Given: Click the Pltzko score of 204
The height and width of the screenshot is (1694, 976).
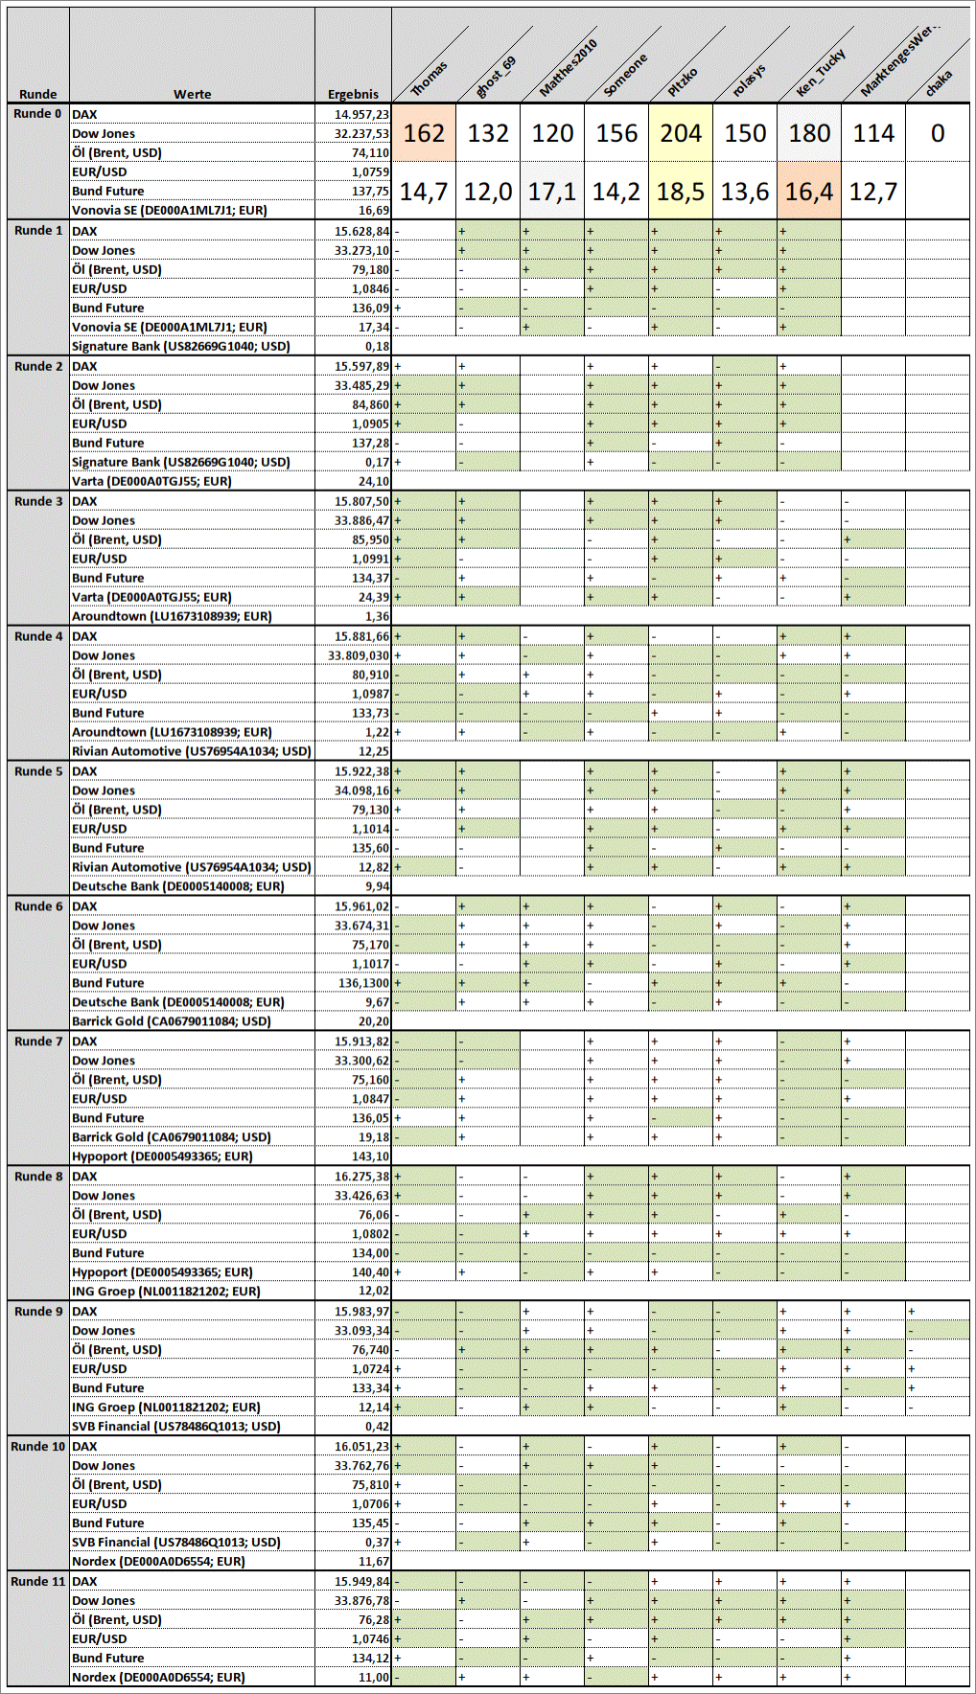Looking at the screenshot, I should [x=681, y=133].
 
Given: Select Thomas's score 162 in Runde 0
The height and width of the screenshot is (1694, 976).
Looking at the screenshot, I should [x=424, y=133].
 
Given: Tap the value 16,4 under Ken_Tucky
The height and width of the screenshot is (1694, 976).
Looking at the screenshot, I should [x=809, y=192].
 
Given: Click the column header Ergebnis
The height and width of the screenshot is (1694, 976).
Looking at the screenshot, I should [x=353, y=94].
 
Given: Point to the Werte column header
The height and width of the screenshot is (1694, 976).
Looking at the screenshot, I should [x=192, y=94].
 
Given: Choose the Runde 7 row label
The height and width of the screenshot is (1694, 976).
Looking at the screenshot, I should [x=38, y=1042].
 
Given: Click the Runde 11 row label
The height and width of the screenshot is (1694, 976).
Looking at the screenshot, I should [x=38, y=1581].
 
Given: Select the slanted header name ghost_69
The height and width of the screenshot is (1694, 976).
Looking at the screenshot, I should [x=497, y=77].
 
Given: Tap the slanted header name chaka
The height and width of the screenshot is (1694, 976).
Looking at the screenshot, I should [x=939, y=82].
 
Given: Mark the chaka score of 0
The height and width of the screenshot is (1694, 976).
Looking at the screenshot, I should [x=938, y=133].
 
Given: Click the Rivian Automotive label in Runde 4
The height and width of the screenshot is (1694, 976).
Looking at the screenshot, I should [x=191, y=751].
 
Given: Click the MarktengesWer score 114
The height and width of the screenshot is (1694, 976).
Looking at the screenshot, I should [x=873, y=133].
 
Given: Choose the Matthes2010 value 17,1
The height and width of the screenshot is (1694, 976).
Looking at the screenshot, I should [x=552, y=192].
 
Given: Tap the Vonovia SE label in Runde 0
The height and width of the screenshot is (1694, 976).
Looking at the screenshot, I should [x=169, y=210].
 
